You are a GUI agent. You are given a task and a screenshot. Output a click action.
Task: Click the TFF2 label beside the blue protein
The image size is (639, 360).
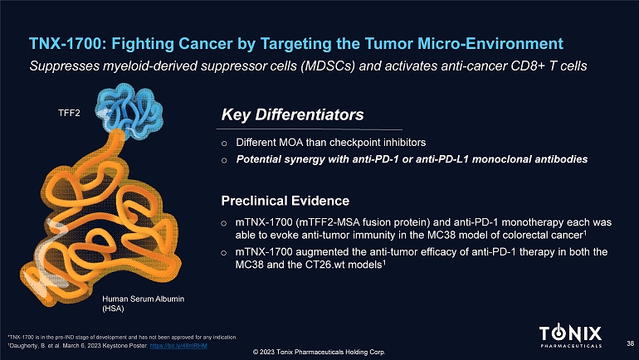click(69, 113)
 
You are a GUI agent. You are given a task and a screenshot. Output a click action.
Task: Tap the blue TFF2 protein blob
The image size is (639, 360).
click(129, 110)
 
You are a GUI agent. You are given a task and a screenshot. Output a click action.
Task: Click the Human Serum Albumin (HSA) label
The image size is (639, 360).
click(143, 304)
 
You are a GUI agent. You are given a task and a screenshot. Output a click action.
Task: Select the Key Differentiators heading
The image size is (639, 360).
click(292, 114)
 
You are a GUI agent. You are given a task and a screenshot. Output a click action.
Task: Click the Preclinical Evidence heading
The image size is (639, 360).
click(285, 201)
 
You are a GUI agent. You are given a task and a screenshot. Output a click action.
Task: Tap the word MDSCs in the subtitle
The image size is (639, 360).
click(328, 66)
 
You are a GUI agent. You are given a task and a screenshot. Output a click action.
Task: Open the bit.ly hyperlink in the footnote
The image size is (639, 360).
click(178, 346)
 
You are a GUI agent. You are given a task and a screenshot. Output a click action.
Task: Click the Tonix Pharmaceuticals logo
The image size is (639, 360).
click(571, 336)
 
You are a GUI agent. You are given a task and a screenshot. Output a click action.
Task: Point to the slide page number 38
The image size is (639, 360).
click(631, 343)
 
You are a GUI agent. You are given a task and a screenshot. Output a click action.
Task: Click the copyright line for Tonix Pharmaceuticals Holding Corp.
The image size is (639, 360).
click(319, 352)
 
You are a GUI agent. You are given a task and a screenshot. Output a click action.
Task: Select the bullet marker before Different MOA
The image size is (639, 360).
click(224, 144)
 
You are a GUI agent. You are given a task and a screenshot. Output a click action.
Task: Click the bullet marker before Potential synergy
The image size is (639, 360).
click(224, 160)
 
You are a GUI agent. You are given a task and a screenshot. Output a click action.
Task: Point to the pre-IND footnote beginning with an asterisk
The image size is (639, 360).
click(122, 338)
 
